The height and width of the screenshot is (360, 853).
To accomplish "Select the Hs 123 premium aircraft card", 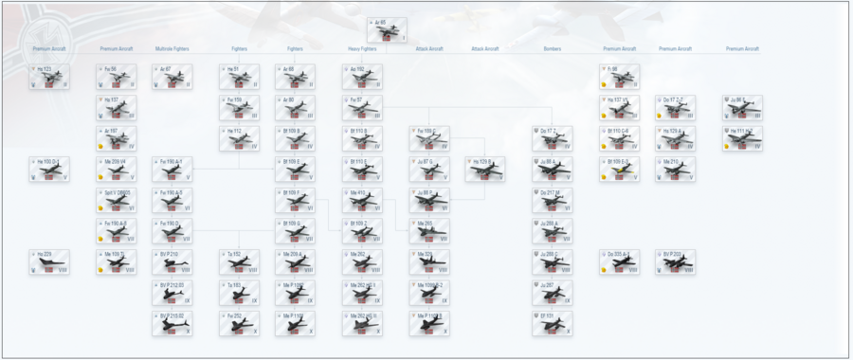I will coord(49,78).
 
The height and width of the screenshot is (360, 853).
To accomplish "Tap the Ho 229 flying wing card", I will coord(49,262).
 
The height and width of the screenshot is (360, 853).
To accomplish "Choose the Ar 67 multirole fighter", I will coord(172,78).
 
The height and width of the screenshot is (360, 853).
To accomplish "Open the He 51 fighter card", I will coord(239,78).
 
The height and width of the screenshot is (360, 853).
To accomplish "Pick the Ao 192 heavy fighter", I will coord(362,78).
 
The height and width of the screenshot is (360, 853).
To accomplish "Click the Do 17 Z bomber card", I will coord(552,139).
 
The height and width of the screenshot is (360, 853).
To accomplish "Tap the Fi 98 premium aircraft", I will coord(618,78).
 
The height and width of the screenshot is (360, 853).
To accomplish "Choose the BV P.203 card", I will coord(675,262).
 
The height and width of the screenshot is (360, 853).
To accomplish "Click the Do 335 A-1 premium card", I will coord(618,262).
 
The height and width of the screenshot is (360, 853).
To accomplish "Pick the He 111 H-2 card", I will coord(742,139).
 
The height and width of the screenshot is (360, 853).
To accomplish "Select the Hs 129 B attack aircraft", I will coord(485,170).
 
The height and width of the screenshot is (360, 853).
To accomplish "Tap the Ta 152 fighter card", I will coord(239,262).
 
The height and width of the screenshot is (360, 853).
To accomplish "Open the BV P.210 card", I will coord(172,262).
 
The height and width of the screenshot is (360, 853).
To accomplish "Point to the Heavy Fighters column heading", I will coord(362,49).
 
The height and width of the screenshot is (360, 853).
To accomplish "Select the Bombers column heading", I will coord(552,49).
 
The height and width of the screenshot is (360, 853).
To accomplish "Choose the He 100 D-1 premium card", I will coord(49,170).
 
